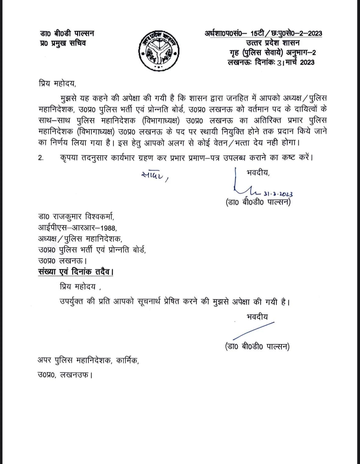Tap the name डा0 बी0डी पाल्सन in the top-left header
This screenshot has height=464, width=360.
click(x=67, y=33)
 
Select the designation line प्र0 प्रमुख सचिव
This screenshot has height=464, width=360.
click(x=63, y=43)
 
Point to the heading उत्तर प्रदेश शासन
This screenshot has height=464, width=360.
click(x=273, y=43)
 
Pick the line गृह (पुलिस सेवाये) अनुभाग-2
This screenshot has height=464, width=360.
click(x=272, y=53)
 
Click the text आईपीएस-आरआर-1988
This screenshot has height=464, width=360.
click(x=77, y=228)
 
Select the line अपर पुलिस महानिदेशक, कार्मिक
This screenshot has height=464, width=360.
click(x=88, y=361)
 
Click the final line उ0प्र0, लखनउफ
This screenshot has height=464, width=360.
click(x=65, y=374)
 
